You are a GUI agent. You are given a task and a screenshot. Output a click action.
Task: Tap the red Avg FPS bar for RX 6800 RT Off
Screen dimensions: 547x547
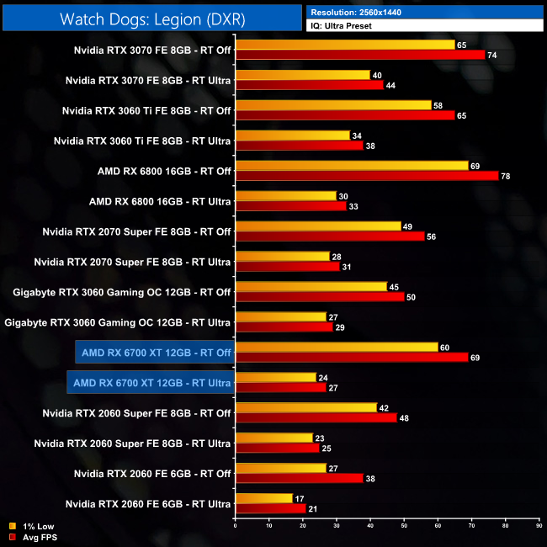[366, 176]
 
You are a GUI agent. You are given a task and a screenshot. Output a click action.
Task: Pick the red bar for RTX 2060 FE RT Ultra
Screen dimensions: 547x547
[270, 509]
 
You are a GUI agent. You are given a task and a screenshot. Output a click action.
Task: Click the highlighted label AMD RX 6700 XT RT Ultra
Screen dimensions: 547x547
[149, 383]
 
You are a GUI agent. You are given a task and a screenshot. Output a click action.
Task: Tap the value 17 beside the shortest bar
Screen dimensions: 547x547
[300, 498]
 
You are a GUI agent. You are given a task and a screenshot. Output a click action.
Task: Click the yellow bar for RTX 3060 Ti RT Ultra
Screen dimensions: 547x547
[292, 135]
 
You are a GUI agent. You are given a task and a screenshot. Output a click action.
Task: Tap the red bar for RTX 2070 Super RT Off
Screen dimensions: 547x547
[330, 236]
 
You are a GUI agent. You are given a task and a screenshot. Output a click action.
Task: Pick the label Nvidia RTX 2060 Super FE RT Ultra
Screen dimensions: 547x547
[132, 443]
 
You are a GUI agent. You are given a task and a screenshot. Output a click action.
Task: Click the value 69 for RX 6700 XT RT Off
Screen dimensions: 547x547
[475, 358]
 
